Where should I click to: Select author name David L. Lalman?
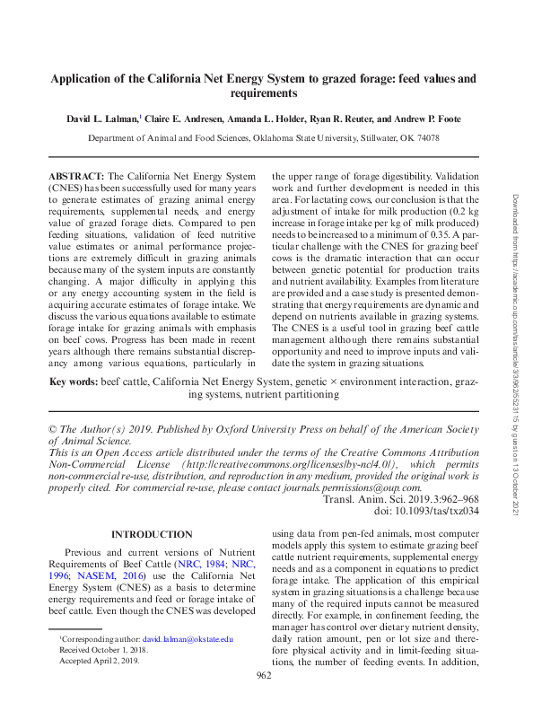pyautogui.click(x=101, y=118)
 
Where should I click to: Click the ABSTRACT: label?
pyautogui.click(x=76, y=177)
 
